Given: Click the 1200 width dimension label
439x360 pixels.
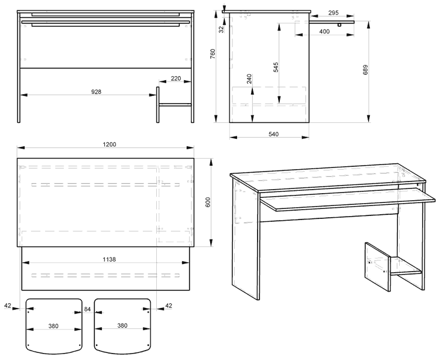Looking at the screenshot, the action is coord(109,145).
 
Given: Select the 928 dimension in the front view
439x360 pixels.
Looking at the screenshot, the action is coord(96,91).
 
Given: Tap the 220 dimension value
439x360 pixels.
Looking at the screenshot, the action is coord(176,78).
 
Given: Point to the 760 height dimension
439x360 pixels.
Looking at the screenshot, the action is coord(213,54).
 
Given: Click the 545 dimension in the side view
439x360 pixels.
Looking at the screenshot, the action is coord(276,67).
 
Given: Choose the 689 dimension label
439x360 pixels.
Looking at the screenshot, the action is coord(365,70).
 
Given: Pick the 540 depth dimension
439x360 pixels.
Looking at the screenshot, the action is coord(273,134).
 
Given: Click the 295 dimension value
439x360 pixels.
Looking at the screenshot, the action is coord(333,13).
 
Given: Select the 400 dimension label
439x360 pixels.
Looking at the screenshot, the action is coord(324,32).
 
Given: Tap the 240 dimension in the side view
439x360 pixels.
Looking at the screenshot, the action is coord(249,78).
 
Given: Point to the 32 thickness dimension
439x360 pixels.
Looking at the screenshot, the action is coord(221,29).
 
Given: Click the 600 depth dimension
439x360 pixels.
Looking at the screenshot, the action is coord(208,202).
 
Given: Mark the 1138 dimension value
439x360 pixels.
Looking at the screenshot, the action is coord(109,259).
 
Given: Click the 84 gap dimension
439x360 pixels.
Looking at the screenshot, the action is coord(88,309).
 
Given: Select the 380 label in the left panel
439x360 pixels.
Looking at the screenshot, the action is coord(53,326).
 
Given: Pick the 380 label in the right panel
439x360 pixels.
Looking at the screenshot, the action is coord(122,325).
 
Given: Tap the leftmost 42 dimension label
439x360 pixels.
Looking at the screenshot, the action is coord(8,306).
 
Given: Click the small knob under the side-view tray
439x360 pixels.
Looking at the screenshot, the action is coord(339,25).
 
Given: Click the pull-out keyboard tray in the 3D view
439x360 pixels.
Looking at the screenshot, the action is coord(348,199).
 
